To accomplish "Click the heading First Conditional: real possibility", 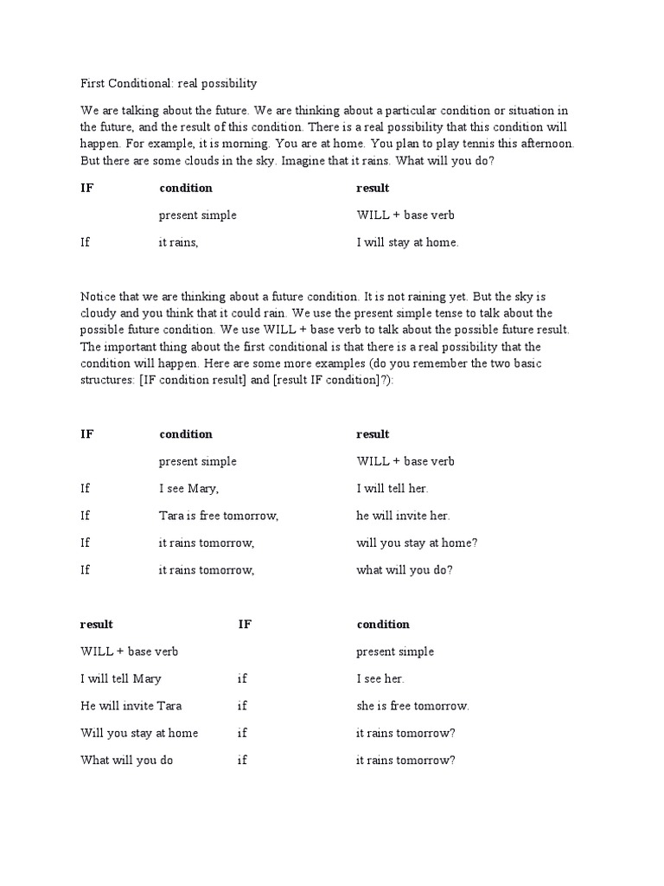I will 169,84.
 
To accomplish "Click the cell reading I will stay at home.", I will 407,242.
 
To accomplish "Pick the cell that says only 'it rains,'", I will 178,242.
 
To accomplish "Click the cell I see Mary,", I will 188,488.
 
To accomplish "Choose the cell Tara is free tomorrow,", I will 218,516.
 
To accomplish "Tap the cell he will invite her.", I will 403,516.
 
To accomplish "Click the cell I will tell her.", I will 392,488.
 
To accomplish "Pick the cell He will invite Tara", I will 131,706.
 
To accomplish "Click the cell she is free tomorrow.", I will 412,706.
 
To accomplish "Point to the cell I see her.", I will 380,678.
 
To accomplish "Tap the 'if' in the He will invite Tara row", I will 242,706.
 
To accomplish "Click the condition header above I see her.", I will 383,625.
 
